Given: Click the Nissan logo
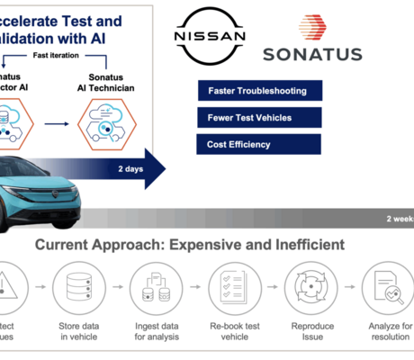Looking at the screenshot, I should [x=208, y=35].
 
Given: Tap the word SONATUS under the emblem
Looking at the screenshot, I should [x=312, y=54].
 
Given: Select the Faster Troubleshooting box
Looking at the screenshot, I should [x=256, y=91].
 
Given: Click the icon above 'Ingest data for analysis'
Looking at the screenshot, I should [x=151, y=287].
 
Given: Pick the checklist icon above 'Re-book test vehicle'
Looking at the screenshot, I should [x=228, y=287].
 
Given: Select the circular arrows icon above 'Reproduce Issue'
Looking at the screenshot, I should [x=306, y=287].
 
